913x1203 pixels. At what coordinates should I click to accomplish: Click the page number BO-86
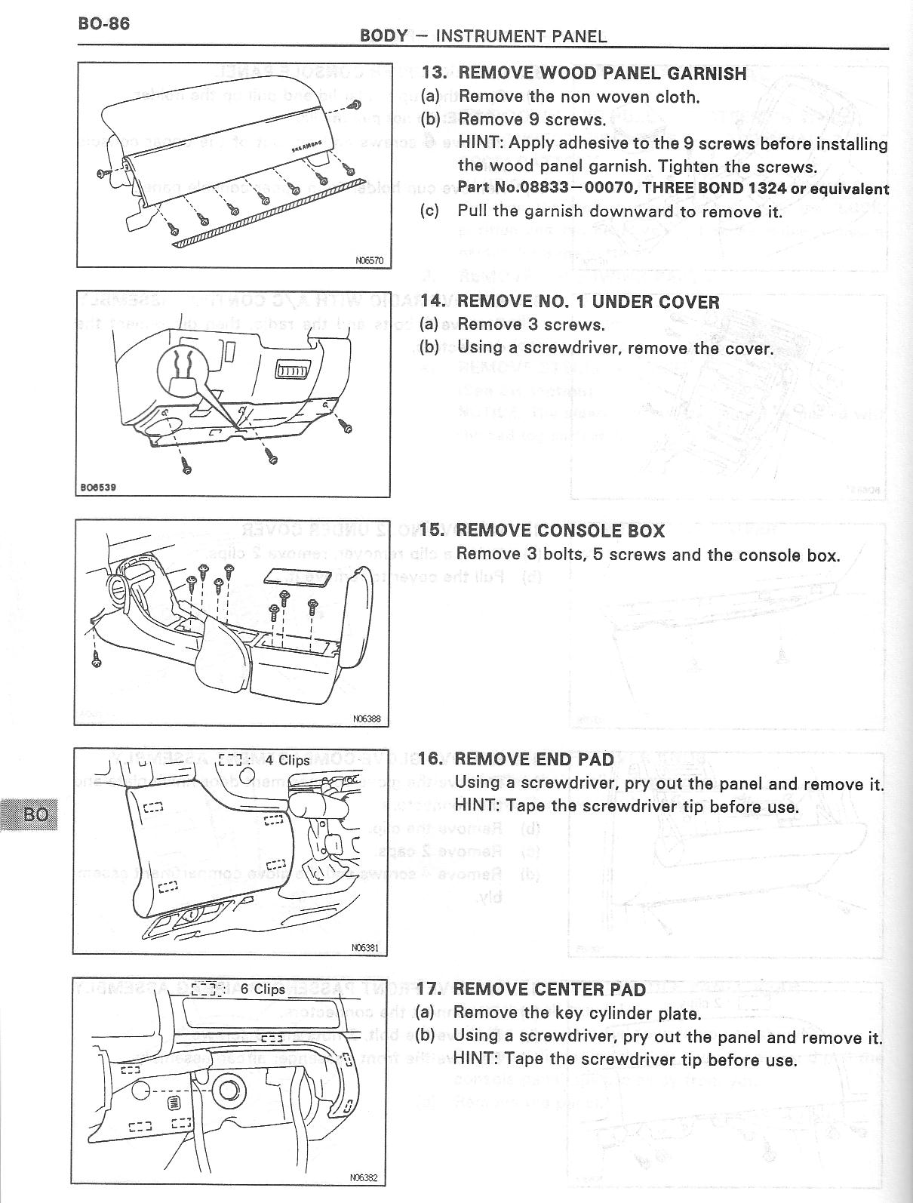104,23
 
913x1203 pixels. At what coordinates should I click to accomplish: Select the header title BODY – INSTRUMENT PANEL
483,35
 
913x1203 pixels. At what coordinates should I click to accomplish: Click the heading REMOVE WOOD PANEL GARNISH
602,73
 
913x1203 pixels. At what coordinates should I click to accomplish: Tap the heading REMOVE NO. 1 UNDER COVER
588,302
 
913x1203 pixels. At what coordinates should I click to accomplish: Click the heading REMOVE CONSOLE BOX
561,531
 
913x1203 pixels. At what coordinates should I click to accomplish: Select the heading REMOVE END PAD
534,759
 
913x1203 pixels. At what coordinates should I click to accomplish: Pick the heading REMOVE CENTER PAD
549,989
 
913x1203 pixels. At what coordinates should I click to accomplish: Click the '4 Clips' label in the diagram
287,760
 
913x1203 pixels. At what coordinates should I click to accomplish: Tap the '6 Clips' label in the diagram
263,989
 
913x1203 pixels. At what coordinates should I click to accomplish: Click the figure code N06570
369,261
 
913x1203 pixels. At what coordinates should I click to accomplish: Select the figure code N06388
369,719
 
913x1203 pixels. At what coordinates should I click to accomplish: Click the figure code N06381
367,948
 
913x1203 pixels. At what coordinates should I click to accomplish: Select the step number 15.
432,531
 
